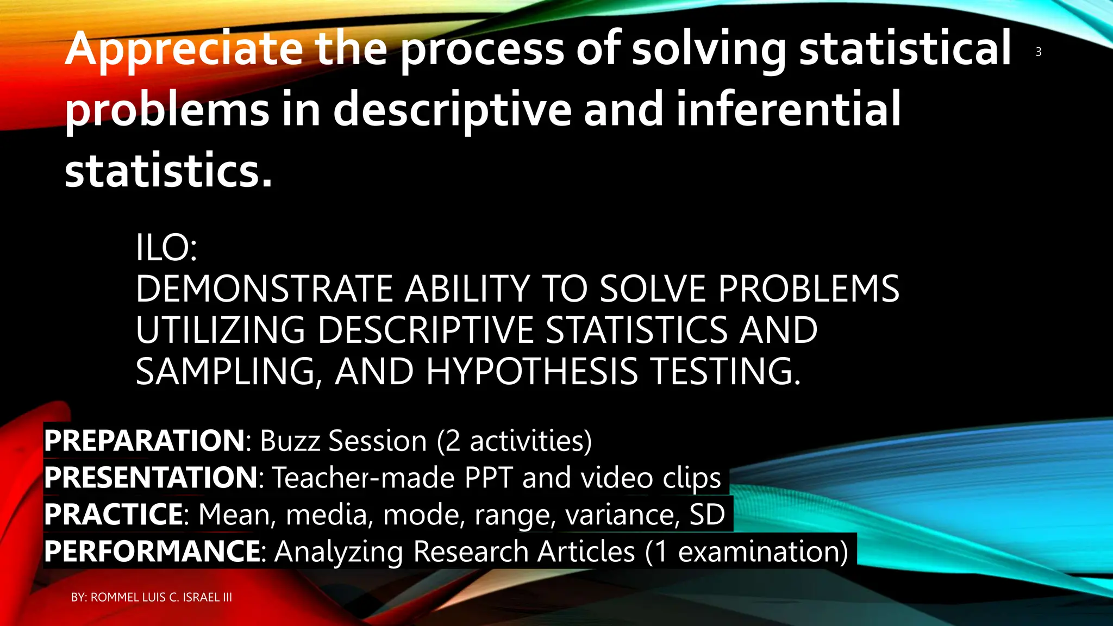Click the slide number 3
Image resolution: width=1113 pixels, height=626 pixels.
click(1038, 52)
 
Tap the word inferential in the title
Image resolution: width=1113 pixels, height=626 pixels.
click(788, 109)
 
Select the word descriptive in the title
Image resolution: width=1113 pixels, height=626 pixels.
click(452, 109)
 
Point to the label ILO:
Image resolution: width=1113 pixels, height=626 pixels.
click(166, 248)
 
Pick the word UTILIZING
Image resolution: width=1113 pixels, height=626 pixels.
click(220, 330)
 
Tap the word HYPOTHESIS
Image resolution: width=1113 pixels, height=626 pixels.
click(532, 372)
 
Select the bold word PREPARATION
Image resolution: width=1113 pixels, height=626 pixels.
click(145, 441)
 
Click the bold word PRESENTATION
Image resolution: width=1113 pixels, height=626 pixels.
click(151, 478)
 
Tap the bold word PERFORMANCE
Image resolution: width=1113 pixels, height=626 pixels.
click(152, 552)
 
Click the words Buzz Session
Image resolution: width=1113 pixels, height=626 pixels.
click(343, 441)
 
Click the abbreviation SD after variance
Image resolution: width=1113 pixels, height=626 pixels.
click(707, 515)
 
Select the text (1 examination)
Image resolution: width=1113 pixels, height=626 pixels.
click(746, 552)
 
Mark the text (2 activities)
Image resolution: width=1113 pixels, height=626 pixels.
click(514, 441)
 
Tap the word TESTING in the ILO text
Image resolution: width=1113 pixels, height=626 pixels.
click(726, 372)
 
